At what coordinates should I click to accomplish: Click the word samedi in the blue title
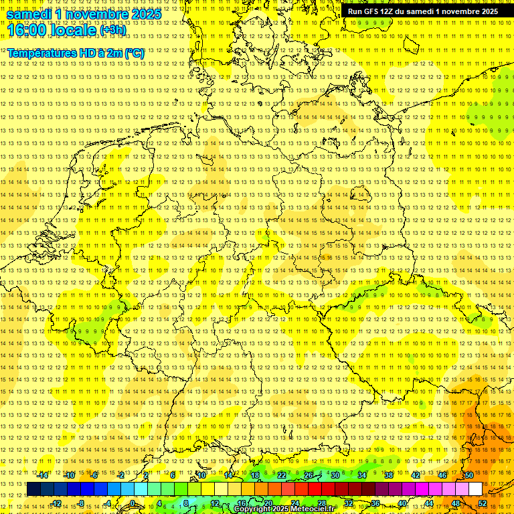(x=29, y=14)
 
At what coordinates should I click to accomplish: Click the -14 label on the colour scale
(x=43, y=475)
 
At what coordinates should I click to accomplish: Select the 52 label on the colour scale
(x=483, y=503)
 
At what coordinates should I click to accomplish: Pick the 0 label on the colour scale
(x=133, y=503)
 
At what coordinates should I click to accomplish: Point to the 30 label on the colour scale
(x=335, y=475)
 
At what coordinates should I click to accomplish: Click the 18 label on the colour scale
(x=254, y=475)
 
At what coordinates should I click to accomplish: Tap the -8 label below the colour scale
(x=82, y=503)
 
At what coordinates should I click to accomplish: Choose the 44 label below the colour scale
(x=429, y=503)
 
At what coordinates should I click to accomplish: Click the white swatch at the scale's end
(x=475, y=489)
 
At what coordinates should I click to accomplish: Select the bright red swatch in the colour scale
(x=315, y=489)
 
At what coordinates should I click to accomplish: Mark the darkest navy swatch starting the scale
(x=33, y=489)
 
